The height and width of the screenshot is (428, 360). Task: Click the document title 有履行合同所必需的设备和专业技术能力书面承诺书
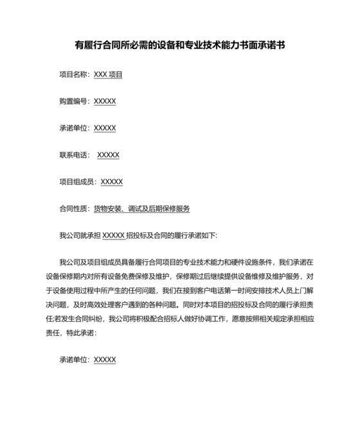[x=180, y=46]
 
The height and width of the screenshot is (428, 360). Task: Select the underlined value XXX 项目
[x=108, y=75]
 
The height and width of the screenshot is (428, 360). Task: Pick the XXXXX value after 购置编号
[x=105, y=102]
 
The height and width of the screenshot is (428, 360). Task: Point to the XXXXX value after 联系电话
[x=108, y=155]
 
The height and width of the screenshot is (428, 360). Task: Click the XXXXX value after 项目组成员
[x=112, y=182]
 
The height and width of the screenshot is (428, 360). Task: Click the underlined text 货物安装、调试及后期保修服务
[x=141, y=209]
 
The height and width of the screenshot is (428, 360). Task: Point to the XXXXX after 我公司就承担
[x=113, y=236]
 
